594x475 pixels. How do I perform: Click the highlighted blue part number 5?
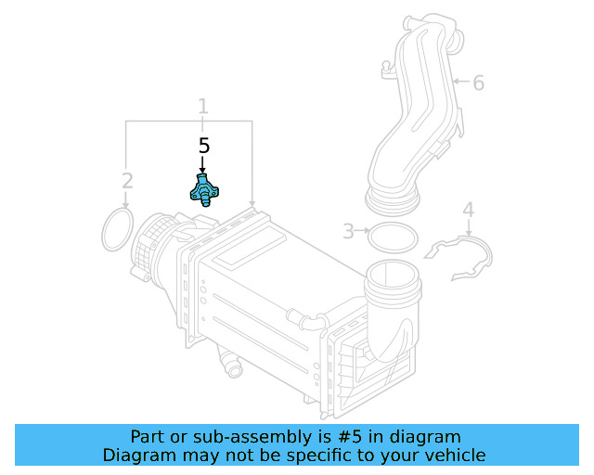202,190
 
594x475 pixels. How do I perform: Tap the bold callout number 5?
204,146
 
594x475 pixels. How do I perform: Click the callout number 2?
128,180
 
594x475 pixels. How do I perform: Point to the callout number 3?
348,231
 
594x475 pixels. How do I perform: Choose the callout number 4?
469,211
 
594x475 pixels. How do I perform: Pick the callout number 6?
478,83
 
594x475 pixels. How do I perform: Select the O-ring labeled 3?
393,237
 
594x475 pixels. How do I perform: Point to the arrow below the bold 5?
203,165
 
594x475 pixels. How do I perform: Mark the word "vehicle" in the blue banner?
452,455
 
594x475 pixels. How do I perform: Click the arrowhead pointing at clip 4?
469,229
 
